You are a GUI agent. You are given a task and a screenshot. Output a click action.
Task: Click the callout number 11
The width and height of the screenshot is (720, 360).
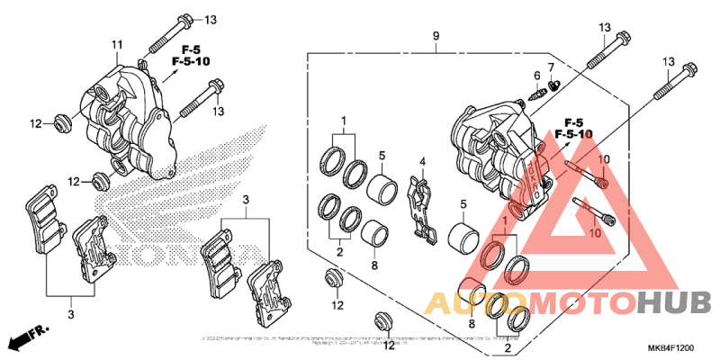point(116,45)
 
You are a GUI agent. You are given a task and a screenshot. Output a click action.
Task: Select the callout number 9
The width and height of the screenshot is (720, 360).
point(436,36)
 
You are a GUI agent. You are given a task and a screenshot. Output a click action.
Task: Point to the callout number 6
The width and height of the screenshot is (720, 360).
point(536,75)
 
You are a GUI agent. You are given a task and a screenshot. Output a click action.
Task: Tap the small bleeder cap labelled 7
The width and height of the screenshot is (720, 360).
point(554,85)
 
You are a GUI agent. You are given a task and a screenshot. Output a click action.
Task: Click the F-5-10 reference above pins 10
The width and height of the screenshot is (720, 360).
point(573,133)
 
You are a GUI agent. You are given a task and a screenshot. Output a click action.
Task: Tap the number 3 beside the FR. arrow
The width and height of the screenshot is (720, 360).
point(71,312)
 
